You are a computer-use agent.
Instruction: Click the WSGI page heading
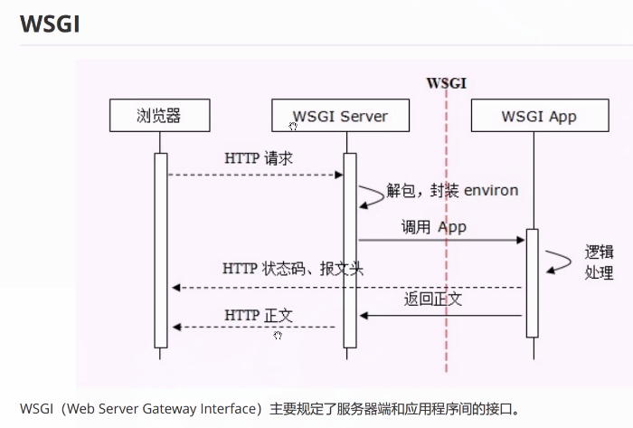coord(50,24)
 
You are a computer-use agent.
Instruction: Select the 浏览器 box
coord(159,116)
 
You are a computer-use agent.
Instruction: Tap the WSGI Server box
coord(340,116)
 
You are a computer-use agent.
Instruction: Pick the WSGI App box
coord(538,116)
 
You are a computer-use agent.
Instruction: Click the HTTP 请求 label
coord(259,157)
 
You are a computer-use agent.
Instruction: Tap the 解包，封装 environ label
coord(452,190)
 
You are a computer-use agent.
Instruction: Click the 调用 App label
coord(434,227)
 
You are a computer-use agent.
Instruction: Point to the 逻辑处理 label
coord(599,262)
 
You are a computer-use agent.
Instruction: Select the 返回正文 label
coord(433,299)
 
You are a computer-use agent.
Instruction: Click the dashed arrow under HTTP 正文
coord(253,327)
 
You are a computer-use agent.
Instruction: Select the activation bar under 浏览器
coord(161,250)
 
